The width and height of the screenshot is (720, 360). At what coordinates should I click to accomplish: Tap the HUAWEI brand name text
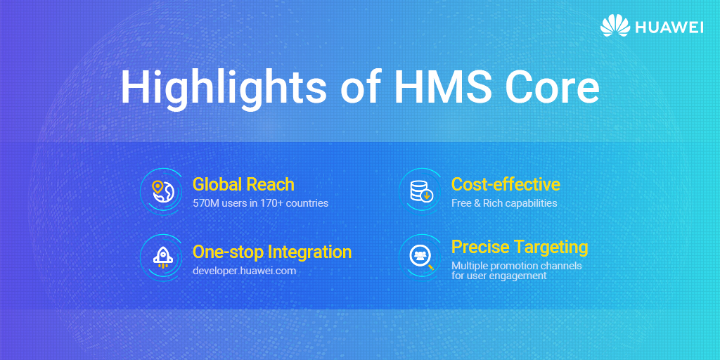click(669, 27)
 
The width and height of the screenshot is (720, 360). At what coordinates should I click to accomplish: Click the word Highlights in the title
click(222, 87)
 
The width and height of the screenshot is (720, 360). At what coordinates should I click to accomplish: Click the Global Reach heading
click(243, 184)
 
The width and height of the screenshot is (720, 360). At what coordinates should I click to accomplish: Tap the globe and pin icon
click(161, 190)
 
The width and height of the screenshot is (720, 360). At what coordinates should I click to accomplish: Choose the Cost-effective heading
click(506, 184)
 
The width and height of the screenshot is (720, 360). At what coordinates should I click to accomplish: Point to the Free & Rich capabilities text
click(504, 203)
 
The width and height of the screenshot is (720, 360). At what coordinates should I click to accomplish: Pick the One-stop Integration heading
click(272, 252)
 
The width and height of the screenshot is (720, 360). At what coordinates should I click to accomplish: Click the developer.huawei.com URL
click(245, 270)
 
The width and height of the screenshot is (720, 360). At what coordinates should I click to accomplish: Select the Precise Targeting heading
click(520, 247)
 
